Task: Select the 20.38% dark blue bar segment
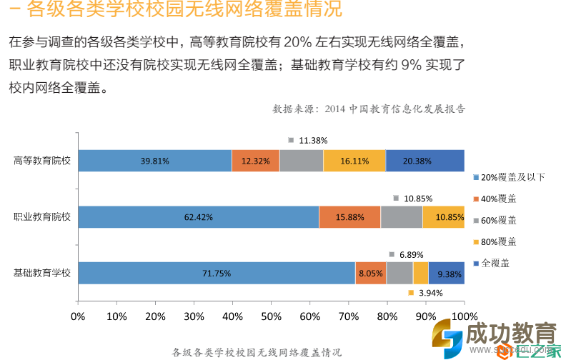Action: (x=425, y=161)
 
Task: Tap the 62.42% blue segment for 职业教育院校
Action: (x=198, y=216)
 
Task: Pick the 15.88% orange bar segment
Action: (x=349, y=216)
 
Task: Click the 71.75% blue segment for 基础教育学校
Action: (x=216, y=273)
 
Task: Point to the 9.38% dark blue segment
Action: (x=447, y=273)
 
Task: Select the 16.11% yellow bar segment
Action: (x=354, y=161)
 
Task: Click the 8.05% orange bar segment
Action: (x=371, y=273)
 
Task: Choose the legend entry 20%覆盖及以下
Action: (x=509, y=176)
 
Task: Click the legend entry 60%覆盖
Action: (x=498, y=219)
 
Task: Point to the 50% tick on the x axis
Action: (x=271, y=316)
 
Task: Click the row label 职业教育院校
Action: (x=42, y=216)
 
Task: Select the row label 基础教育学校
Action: (x=42, y=273)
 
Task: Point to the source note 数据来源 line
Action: (x=369, y=109)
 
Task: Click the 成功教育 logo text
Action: (x=510, y=334)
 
